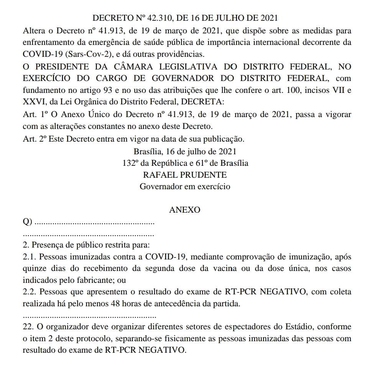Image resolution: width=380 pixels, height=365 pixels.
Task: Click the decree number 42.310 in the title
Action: [163, 18]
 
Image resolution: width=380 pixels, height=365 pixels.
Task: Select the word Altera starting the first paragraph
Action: [34, 30]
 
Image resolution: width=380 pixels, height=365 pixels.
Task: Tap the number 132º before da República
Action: [130, 163]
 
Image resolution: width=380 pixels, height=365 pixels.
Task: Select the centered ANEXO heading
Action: [184, 210]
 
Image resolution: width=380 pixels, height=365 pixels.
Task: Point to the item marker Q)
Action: [27, 222]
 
